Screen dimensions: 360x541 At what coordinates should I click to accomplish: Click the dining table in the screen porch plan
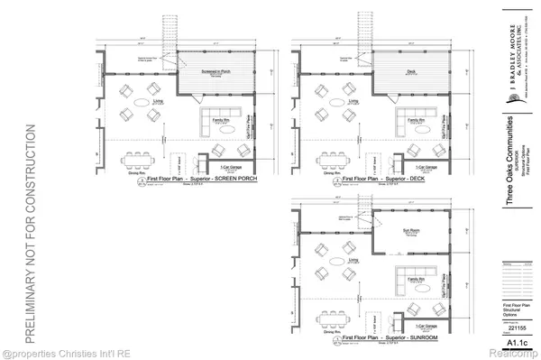137,162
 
